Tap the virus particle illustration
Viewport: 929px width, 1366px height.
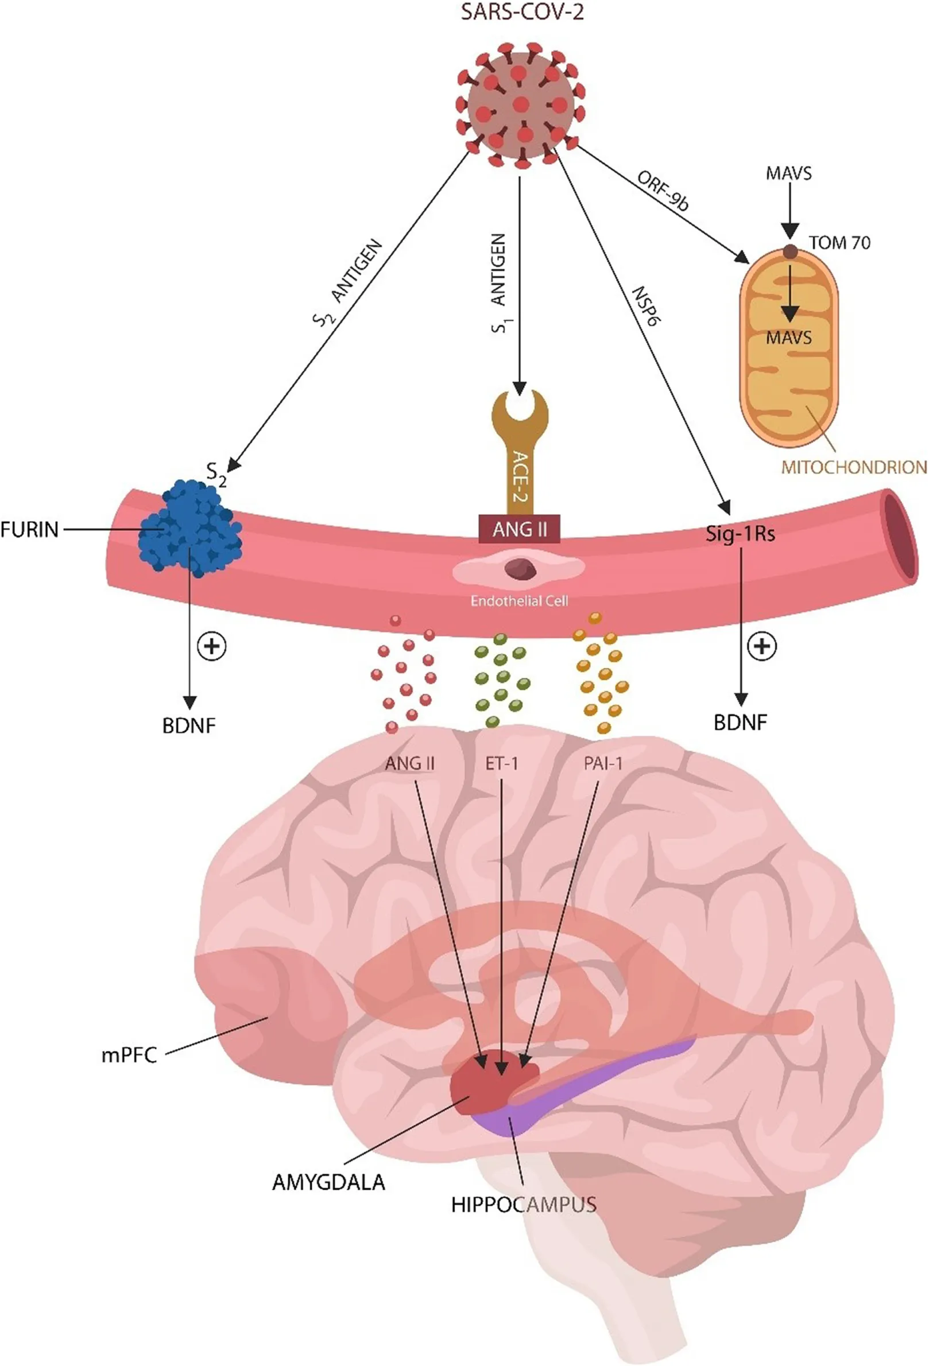pyautogui.click(x=520, y=104)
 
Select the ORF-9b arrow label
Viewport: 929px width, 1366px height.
pyautogui.click(x=663, y=191)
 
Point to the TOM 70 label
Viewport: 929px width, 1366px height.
pyautogui.click(x=839, y=243)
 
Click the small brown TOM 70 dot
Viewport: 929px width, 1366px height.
pyautogui.click(x=790, y=252)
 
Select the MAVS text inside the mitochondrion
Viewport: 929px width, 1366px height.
pyautogui.click(x=788, y=338)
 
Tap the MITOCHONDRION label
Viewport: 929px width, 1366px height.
pyautogui.click(x=854, y=468)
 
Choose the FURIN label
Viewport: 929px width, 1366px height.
pyautogui.click(x=29, y=530)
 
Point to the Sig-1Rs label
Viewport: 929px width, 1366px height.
pyautogui.click(x=740, y=534)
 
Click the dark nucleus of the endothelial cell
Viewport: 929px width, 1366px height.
pyautogui.click(x=520, y=568)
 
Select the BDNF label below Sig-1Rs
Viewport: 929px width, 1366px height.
pyautogui.click(x=740, y=723)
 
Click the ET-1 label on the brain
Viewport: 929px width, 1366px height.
pyautogui.click(x=502, y=763)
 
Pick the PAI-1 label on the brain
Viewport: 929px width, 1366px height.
pyautogui.click(x=603, y=763)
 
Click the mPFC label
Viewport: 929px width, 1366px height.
pyautogui.click(x=129, y=1055)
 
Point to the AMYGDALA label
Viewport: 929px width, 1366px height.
pyautogui.click(x=328, y=1182)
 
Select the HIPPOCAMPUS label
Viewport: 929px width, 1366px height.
pyautogui.click(x=523, y=1205)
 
